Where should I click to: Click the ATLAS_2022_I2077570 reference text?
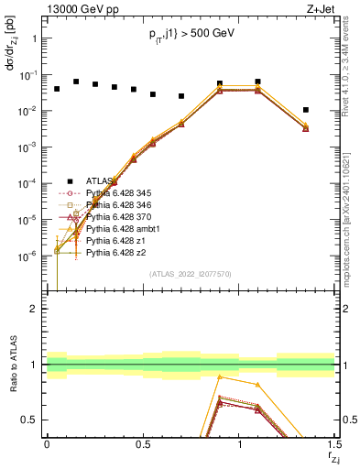click(x=191, y=273)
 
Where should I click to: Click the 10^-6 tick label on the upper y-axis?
click(x=29, y=256)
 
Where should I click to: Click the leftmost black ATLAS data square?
click(x=57, y=89)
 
